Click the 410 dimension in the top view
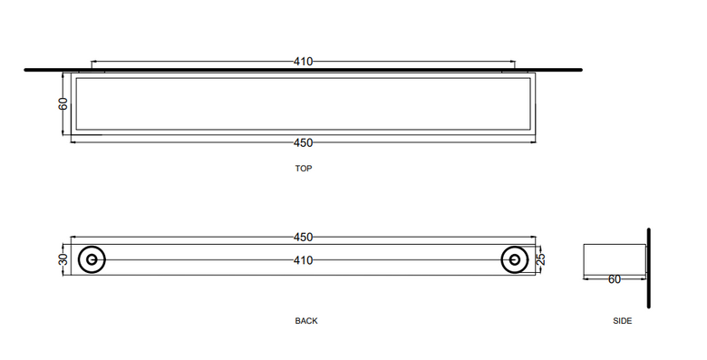pyautogui.click(x=303, y=62)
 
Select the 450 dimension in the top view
pyautogui.click(x=303, y=142)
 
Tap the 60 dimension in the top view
pyautogui.click(x=63, y=103)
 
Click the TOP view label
pyautogui.click(x=304, y=169)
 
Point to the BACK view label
pyautogui.click(x=306, y=321)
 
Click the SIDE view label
pyautogui.click(x=622, y=321)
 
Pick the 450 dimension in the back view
pyautogui.click(x=303, y=238)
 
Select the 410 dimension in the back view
pyautogui.click(x=303, y=260)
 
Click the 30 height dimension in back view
pyautogui.click(x=63, y=259)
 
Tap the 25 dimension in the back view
pyautogui.click(x=541, y=258)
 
